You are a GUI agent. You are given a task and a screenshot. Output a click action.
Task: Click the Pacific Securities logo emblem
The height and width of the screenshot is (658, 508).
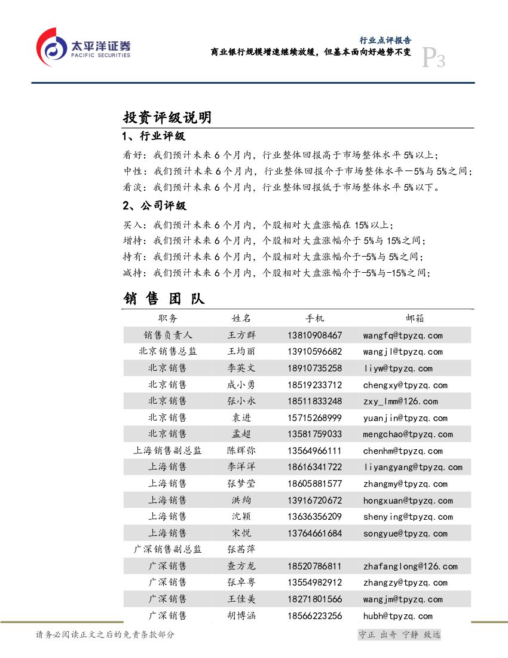tap(51, 47)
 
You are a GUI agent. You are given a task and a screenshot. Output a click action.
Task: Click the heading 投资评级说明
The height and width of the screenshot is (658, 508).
tap(167, 117)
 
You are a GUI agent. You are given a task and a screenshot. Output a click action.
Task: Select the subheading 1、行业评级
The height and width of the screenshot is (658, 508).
tap(154, 136)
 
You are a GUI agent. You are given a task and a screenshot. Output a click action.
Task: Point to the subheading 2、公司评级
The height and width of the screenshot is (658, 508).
tap(154, 206)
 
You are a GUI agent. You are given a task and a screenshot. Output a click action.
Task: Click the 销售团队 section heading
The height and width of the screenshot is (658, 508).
tap(164, 298)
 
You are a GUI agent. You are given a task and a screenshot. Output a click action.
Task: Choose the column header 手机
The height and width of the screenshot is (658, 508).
tap(314, 318)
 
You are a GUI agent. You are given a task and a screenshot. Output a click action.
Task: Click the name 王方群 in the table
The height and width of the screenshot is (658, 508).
tap(241, 335)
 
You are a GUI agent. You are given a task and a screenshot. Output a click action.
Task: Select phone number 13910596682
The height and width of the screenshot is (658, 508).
tap(314, 352)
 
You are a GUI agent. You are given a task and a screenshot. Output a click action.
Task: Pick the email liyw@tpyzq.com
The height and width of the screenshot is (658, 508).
tap(398, 368)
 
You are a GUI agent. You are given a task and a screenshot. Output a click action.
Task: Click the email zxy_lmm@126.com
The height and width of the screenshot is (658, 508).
tap(400, 401)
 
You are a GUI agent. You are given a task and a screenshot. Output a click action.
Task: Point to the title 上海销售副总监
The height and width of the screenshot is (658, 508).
tap(167, 450)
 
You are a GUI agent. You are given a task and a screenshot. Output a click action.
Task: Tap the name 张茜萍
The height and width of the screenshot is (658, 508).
tap(241, 549)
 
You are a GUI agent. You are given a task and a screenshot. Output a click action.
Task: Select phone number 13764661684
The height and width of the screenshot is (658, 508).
tap(314, 533)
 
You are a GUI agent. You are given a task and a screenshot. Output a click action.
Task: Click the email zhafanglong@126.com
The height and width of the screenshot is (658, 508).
tap(410, 566)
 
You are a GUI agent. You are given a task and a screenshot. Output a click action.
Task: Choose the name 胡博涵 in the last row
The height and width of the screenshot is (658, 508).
tap(241, 616)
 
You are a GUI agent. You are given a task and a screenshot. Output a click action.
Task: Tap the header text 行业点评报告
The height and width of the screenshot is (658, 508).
tap(385, 41)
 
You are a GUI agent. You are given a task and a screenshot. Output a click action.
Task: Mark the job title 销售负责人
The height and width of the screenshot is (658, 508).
tap(168, 335)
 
